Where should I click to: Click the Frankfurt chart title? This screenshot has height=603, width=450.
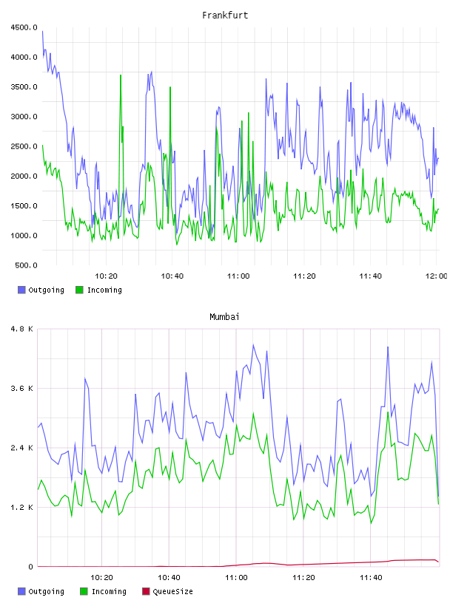225,15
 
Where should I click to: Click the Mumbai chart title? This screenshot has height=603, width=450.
224,316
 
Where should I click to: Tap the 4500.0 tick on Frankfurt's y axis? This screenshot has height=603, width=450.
24,27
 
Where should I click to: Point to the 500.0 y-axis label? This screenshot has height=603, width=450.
26,265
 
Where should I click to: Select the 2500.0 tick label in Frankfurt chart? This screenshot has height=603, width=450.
24,146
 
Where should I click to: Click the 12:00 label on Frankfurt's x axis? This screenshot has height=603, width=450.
436,276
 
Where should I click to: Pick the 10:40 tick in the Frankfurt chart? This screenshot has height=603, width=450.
172,276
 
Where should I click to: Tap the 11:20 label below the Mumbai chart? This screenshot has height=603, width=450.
303,578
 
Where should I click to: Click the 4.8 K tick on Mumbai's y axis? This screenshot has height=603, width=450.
22,329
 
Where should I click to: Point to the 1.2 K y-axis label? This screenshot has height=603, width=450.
22,508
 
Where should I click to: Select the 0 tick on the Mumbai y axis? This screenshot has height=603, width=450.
31,567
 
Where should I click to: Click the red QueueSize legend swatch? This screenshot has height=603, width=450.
146,591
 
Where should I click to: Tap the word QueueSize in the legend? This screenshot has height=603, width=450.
172,591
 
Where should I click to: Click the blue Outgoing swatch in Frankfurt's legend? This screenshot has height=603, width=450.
21,290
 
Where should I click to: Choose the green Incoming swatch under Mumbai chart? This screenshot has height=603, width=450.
84,591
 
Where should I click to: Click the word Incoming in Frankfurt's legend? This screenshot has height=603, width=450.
104,290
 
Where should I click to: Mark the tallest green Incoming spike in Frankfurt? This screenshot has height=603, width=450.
121,75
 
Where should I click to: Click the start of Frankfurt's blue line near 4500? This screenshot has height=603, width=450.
42,32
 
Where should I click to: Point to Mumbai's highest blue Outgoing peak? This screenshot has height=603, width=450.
253,345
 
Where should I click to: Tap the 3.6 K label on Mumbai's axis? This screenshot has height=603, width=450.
22,389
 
